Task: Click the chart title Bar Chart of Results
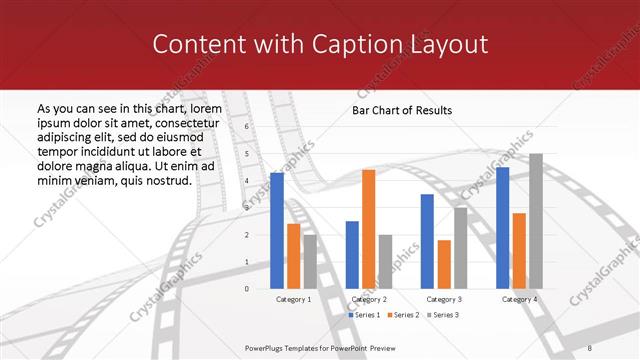pos(401,110)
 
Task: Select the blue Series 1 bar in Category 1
pos(277,230)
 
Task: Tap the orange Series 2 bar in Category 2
pos(368,229)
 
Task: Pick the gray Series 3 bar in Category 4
pos(536,221)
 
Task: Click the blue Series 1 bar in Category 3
pos(427,241)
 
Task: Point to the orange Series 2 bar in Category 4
pos(518,250)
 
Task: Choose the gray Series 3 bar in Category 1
pos(310,261)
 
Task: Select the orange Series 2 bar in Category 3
pos(444,264)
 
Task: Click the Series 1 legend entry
pos(364,315)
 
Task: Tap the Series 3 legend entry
pos(444,315)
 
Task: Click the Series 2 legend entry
pos(404,315)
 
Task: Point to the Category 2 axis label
pos(368,299)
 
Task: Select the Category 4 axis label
pos(519,299)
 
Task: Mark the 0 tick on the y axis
pos(247,288)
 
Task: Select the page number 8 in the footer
pos(590,347)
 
